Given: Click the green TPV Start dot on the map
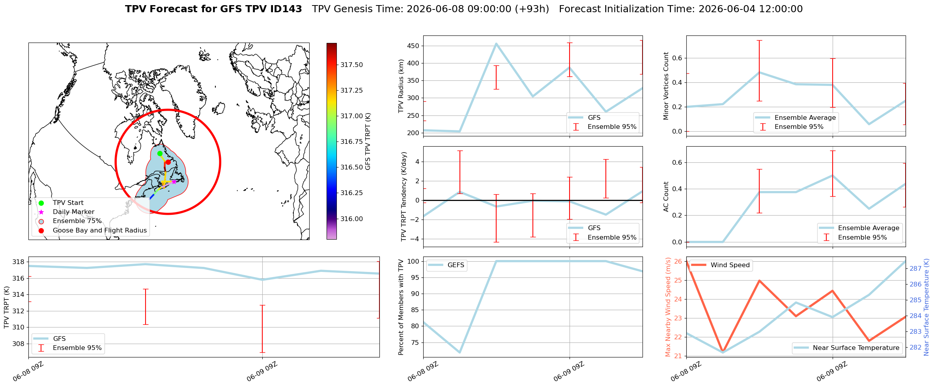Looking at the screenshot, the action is pyautogui.click(x=160, y=153).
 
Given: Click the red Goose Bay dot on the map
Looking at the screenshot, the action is pyautogui.click(x=168, y=162).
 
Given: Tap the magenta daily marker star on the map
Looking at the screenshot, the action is pyautogui.click(x=174, y=182).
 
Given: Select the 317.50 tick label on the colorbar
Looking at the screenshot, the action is pyautogui.click(x=352, y=65).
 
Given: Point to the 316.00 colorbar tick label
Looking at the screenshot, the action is pyautogui.click(x=352, y=219).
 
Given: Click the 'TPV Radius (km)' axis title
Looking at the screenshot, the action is pyautogui.click(x=401, y=86).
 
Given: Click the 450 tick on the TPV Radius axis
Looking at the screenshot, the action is pyautogui.click(x=413, y=46).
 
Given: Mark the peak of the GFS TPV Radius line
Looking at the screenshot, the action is pyautogui.click(x=496, y=43).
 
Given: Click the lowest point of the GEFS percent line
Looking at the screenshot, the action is pyautogui.click(x=460, y=352).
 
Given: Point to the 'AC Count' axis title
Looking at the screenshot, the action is pyautogui.click(x=666, y=197).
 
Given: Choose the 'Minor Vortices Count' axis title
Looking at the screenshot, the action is pyautogui.click(x=666, y=86).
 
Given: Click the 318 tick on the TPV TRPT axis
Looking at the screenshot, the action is pyautogui.click(x=19, y=262).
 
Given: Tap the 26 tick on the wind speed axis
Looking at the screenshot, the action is pyautogui.click(x=678, y=261).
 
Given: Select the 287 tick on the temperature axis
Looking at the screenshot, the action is pyautogui.click(x=915, y=268).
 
